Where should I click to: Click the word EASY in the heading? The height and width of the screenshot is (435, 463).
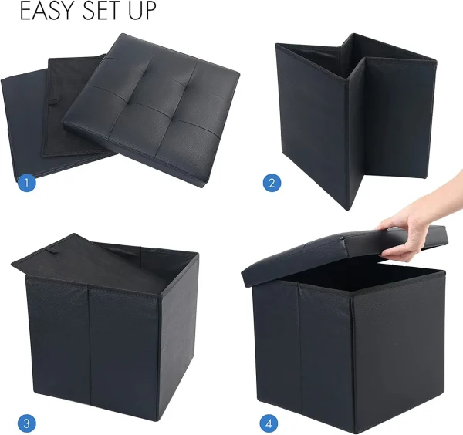46,11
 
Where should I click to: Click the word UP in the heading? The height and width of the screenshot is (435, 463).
142,11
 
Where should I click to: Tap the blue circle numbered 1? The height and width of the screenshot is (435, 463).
26,183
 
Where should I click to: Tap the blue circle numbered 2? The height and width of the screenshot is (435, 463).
272,183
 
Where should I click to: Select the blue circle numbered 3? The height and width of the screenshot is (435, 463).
26,423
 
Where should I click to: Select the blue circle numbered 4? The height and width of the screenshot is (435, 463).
269,423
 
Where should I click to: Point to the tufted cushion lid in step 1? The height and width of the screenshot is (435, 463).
151,110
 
